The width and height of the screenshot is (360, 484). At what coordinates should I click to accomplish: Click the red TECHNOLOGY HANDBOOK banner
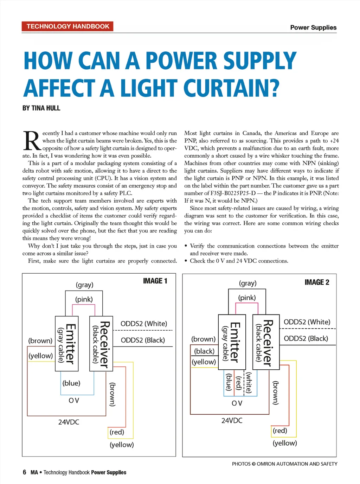point(67,26)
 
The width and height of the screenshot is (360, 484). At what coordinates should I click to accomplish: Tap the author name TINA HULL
point(46,108)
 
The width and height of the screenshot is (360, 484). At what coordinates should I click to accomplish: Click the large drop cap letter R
point(32,141)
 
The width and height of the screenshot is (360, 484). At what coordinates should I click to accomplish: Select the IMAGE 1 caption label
point(155,281)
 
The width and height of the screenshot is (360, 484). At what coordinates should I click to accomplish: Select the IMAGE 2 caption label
point(317,282)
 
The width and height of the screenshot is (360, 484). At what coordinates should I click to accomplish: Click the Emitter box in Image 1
point(67,343)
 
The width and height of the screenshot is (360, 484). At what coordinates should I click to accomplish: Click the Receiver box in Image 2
point(266,342)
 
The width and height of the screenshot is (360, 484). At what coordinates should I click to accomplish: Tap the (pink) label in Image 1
point(84,299)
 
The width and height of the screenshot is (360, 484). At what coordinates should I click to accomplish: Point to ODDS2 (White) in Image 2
point(307,322)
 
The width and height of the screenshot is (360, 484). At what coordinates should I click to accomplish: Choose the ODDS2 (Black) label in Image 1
point(143,340)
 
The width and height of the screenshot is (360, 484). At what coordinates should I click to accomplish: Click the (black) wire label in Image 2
point(204,351)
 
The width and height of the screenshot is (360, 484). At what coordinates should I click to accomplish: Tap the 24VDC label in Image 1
point(69,422)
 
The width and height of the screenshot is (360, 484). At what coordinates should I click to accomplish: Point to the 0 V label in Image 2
point(237,403)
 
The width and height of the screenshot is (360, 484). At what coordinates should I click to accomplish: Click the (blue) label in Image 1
point(71,383)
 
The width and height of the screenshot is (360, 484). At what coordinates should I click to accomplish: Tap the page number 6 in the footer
point(25,472)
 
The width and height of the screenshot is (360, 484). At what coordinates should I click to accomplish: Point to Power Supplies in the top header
point(313,27)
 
